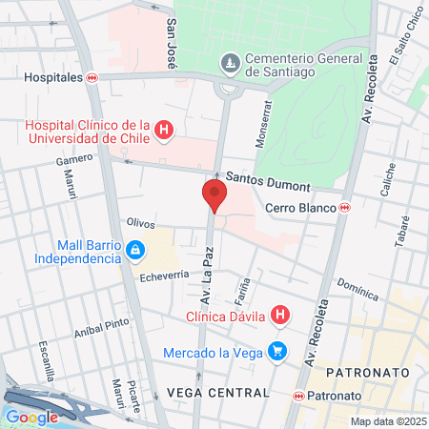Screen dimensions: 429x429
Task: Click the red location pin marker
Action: point(214,195)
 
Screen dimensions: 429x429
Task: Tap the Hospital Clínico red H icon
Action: point(163,130)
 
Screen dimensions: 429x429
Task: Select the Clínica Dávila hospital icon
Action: point(279,314)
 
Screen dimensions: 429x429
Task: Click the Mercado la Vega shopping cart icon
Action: point(277,352)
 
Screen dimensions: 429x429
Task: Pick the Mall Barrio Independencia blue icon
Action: point(134,251)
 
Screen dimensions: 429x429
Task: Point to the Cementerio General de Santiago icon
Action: point(230,64)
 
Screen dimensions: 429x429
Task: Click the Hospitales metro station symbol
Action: point(92,78)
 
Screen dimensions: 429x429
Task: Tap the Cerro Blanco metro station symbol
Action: point(343,208)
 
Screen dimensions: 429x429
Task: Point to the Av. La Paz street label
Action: point(205,273)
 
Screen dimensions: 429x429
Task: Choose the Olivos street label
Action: point(140,222)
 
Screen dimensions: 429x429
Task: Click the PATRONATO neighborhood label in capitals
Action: point(367,371)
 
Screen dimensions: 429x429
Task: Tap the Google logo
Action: point(32,417)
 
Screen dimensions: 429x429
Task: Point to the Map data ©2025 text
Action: point(387,421)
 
